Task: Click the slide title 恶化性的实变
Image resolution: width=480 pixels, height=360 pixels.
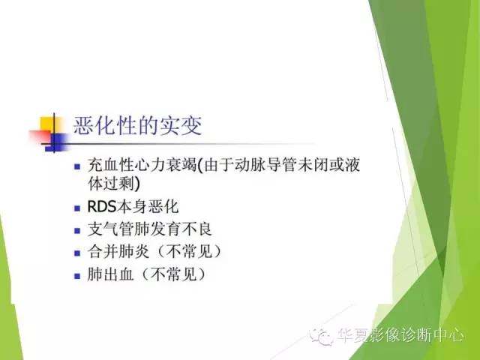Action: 137,125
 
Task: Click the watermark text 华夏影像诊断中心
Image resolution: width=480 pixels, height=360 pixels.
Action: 400,337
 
